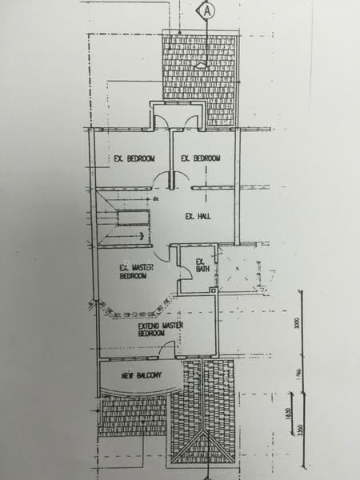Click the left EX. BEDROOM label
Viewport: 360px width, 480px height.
coord(134,158)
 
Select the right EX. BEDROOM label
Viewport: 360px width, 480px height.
coord(201,158)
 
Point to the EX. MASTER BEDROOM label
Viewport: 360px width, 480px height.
coord(134,272)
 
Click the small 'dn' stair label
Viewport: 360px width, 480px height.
coord(158,197)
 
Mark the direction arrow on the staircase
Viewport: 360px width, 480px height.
coord(139,235)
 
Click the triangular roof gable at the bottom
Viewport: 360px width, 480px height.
coord(205,445)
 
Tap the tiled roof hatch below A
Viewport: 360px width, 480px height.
coord(200,76)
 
